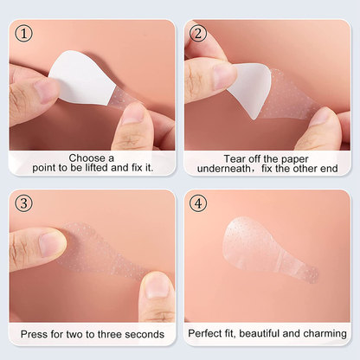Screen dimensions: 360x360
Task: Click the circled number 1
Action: pyautogui.click(x=23, y=34)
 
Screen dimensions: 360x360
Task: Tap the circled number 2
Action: pyautogui.click(x=198, y=34)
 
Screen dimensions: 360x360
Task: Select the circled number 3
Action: pyautogui.click(x=23, y=203)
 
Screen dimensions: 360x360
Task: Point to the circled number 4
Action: pyautogui.click(x=198, y=203)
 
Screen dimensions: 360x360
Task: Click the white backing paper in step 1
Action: pyautogui.click(x=82, y=77)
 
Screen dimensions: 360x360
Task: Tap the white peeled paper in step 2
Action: pyautogui.click(x=249, y=89)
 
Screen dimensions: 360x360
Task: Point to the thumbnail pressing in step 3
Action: pyautogui.click(x=53, y=244)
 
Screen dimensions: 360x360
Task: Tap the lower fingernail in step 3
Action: pyautogui.click(x=157, y=286)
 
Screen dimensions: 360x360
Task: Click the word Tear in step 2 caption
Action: pyautogui.click(x=233, y=159)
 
